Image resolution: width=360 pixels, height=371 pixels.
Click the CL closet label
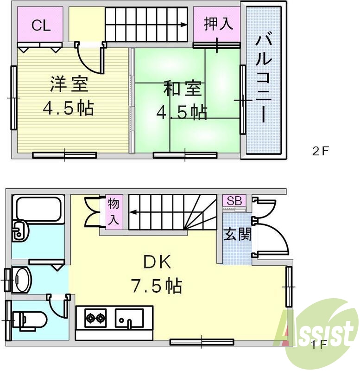coord(41,26)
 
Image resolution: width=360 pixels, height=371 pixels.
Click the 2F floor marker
coord(320,151)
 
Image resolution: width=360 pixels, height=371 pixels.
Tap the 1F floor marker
coord(319,345)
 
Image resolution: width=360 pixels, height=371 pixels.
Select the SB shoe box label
coord(234,201)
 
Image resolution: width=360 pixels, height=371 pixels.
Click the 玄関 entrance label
coord(238,234)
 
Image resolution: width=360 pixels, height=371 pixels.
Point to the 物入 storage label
coord(114,211)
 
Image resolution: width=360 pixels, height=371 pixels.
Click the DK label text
coord(157,263)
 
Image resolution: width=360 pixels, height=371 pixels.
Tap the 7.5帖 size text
coord(156,286)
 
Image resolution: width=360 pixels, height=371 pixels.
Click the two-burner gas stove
coord(95,319)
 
